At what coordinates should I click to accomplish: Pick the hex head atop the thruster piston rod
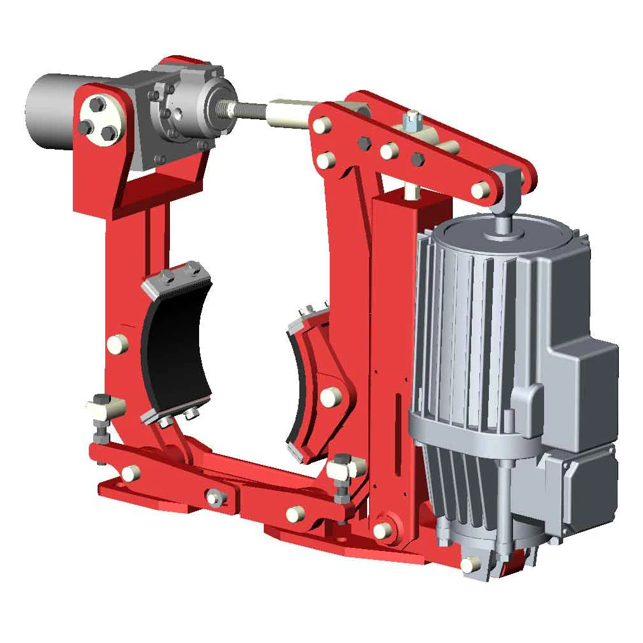[503, 177]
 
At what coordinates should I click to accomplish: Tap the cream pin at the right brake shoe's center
[330, 397]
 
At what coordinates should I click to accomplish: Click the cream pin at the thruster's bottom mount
[470, 564]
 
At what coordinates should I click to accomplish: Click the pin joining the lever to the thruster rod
[480, 189]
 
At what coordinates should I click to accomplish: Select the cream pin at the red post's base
[382, 530]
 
